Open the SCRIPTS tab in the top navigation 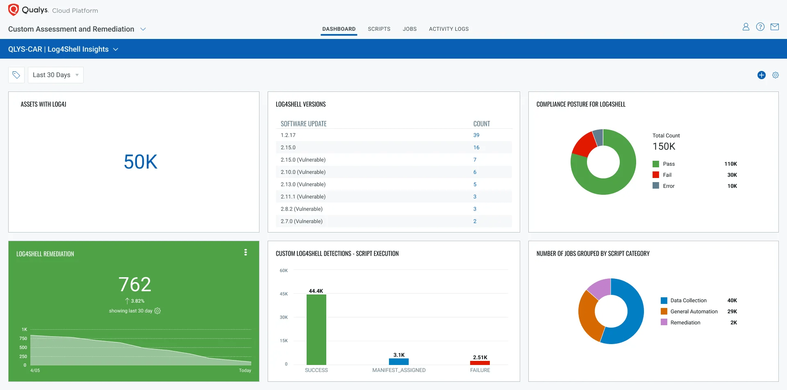379,29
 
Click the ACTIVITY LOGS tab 448,29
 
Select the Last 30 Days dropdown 55,75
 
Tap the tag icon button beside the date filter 16,75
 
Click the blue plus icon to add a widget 761,75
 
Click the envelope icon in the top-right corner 774,27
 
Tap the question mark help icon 760,27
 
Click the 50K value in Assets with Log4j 140,162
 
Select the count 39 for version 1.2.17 476,135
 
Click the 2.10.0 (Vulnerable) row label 303,172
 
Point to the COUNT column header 481,124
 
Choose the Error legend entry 668,186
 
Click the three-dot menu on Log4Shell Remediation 246,253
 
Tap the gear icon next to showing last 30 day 157,311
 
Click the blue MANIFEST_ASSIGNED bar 398,362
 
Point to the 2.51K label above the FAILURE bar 480,358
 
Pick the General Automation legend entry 694,312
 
